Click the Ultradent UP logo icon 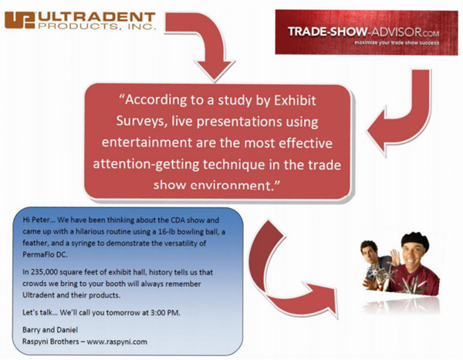pyautogui.click(x=20, y=20)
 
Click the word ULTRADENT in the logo pyautogui.click(x=96, y=17)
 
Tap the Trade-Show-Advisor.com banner pyautogui.click(x=367, y=32)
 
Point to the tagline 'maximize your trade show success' pyautogui.click(x=397, y=43)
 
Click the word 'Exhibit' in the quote pyautogui.click(x=295, y=101)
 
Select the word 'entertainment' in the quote pyautogui.click(x=147, y=143)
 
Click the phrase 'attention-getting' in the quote pyautogui.click(x=146, y=164)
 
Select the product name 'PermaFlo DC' pyautogui.click(x=45, y=254)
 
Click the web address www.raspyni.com pyautogui.click(x=117, y=341)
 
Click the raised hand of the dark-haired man pyautogui.click(x=395, y=257)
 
